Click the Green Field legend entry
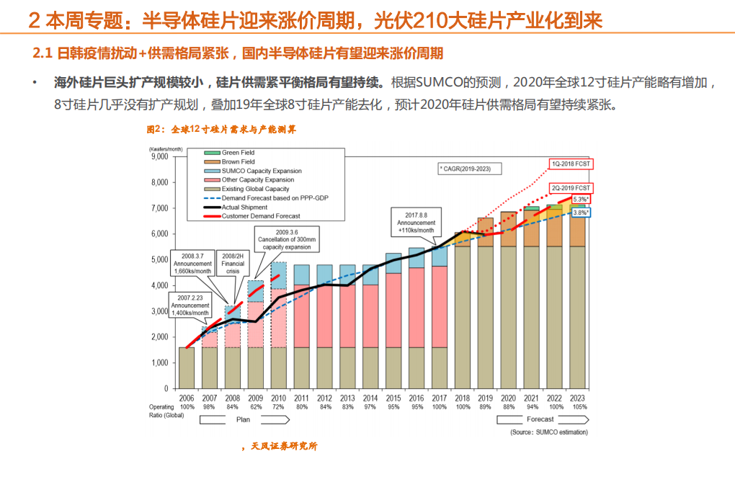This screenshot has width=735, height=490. [x=238, y=153]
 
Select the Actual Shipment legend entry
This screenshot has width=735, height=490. [x=244, y=207]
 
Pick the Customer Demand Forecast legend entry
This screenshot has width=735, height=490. [x=259, y=216]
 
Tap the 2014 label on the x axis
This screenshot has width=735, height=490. [x=371, y=398]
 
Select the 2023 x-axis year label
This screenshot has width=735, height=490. [x=578, y=398]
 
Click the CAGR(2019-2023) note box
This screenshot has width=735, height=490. [x=469, y=168]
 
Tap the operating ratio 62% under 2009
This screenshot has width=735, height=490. [x=256, y=407]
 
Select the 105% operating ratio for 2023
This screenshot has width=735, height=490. [x=578, y=407]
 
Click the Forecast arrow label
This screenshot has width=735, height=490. [x=540, y=419]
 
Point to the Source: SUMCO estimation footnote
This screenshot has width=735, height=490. [x=548, y=432]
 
